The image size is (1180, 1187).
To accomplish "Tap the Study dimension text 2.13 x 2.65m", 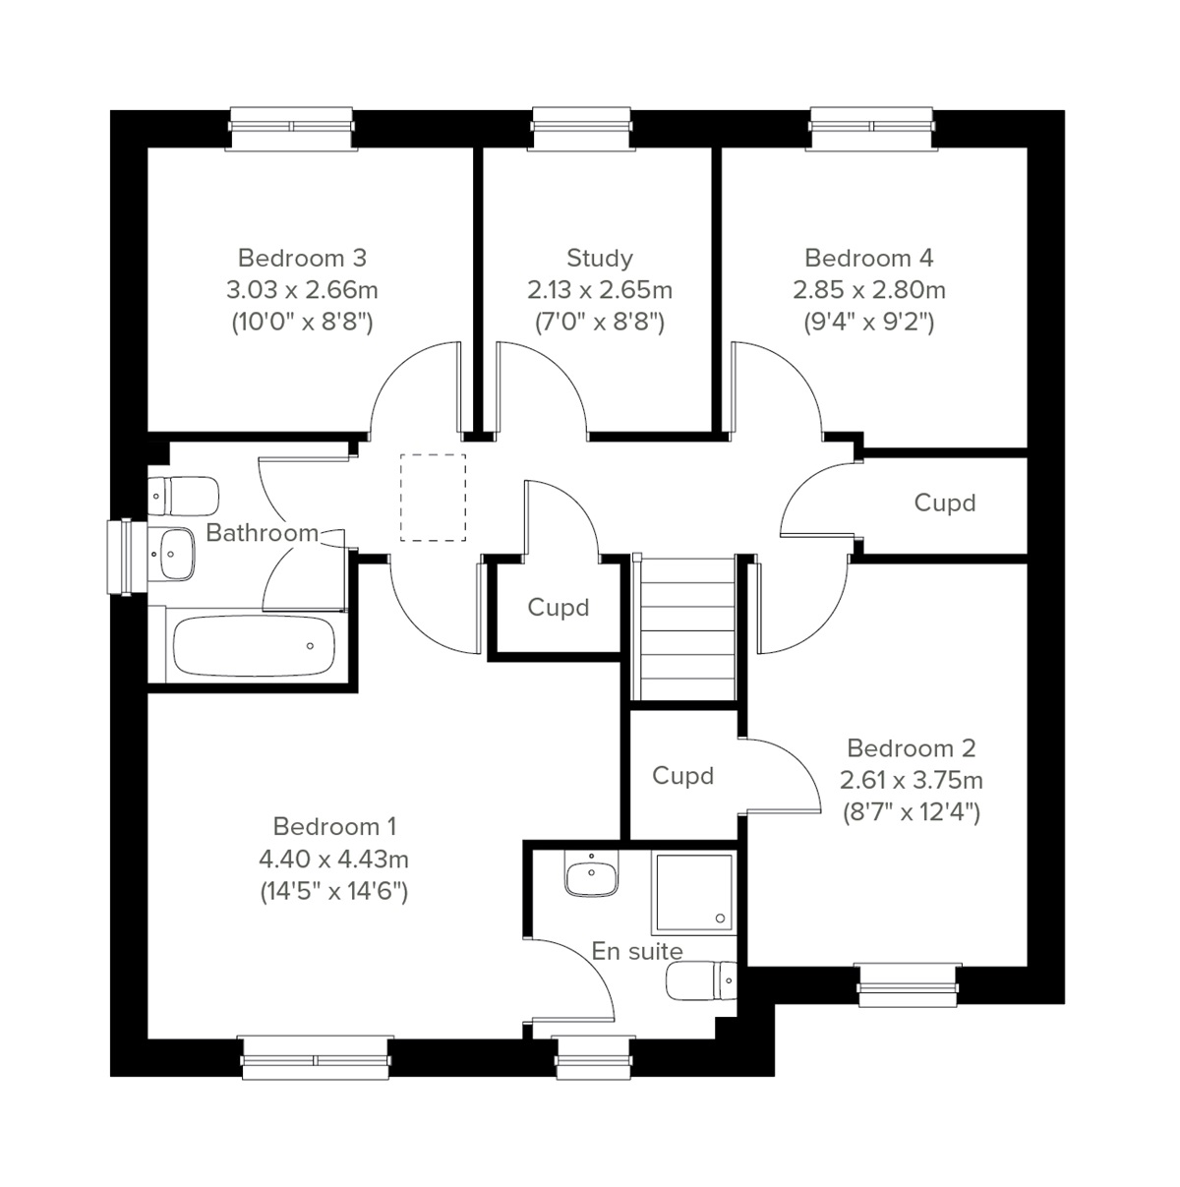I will pyautogui.click(x=599, y=290).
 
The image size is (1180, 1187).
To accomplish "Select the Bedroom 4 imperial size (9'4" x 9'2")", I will pyautogui.click(x=868, y=322).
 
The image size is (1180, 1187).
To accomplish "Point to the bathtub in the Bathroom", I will pyautogui.click(x=254, y=646).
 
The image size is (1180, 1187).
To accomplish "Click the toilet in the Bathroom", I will pyautogui.click(x=185, y=496).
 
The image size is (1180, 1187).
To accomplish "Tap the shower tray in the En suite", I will pyautogui.click(x=692, y=893).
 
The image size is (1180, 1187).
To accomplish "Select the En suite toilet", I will pyautogui.click(x=701, y=980).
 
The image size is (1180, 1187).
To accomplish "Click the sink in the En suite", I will pyautogui.click(x=591, y=874).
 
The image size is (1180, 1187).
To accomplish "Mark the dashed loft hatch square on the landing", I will pyautogui.click(x=433, y=497).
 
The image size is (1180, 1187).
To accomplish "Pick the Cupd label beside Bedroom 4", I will pyautogui.click(x=944, y=503).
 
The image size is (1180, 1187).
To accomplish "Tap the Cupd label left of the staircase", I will pyautogui.click(x=558, y=607).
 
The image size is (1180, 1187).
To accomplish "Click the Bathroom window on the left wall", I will pyautogui.click(x=122, y=557).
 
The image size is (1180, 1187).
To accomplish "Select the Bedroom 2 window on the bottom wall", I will pyautogui.click(x=906, y=984).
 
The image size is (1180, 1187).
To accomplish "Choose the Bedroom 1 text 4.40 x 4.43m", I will pyautogui.click(x=333, y=859).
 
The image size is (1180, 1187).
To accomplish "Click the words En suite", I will pyautogui.click(x=636, y=951).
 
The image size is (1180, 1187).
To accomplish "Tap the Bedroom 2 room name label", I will pyautogui.click(x=911, y=748).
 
